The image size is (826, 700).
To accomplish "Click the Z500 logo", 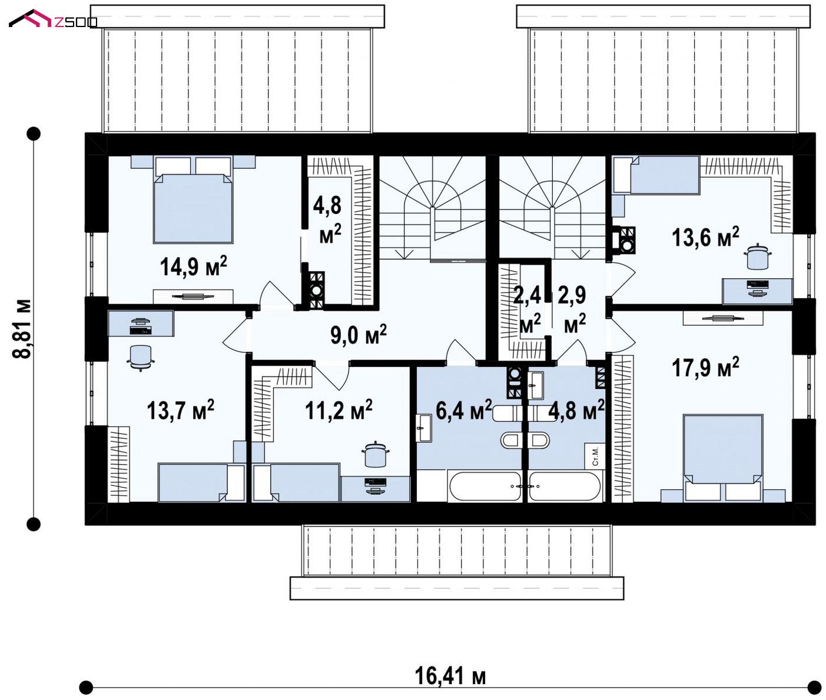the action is pyautogui.click(x=53, y=19).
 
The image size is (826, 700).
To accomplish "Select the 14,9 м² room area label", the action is pyautogui.click(x=194, y=266).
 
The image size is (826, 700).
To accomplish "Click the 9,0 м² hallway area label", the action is pyautogui.click(x=359, y=334).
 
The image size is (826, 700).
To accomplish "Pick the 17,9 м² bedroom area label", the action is pyautogui.click(x=705, y=367).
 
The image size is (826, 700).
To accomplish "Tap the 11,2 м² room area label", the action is pyautogui.click(x=339, y=409).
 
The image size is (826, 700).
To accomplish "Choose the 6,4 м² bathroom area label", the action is pyautogui.click(x=463, y=409).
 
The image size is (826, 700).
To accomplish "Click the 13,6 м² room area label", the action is pyautogui.click(x=705, y=237).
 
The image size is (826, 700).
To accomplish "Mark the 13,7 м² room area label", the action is pyautogui.click(x=181, y=409).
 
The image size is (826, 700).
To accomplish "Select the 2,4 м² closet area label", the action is pyautogui.click(x=528, y=309).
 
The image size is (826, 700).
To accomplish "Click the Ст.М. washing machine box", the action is pyautogui.click(x=595, y=456).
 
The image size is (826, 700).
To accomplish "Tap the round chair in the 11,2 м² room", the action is pyautogui.click(x=375, y=454).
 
